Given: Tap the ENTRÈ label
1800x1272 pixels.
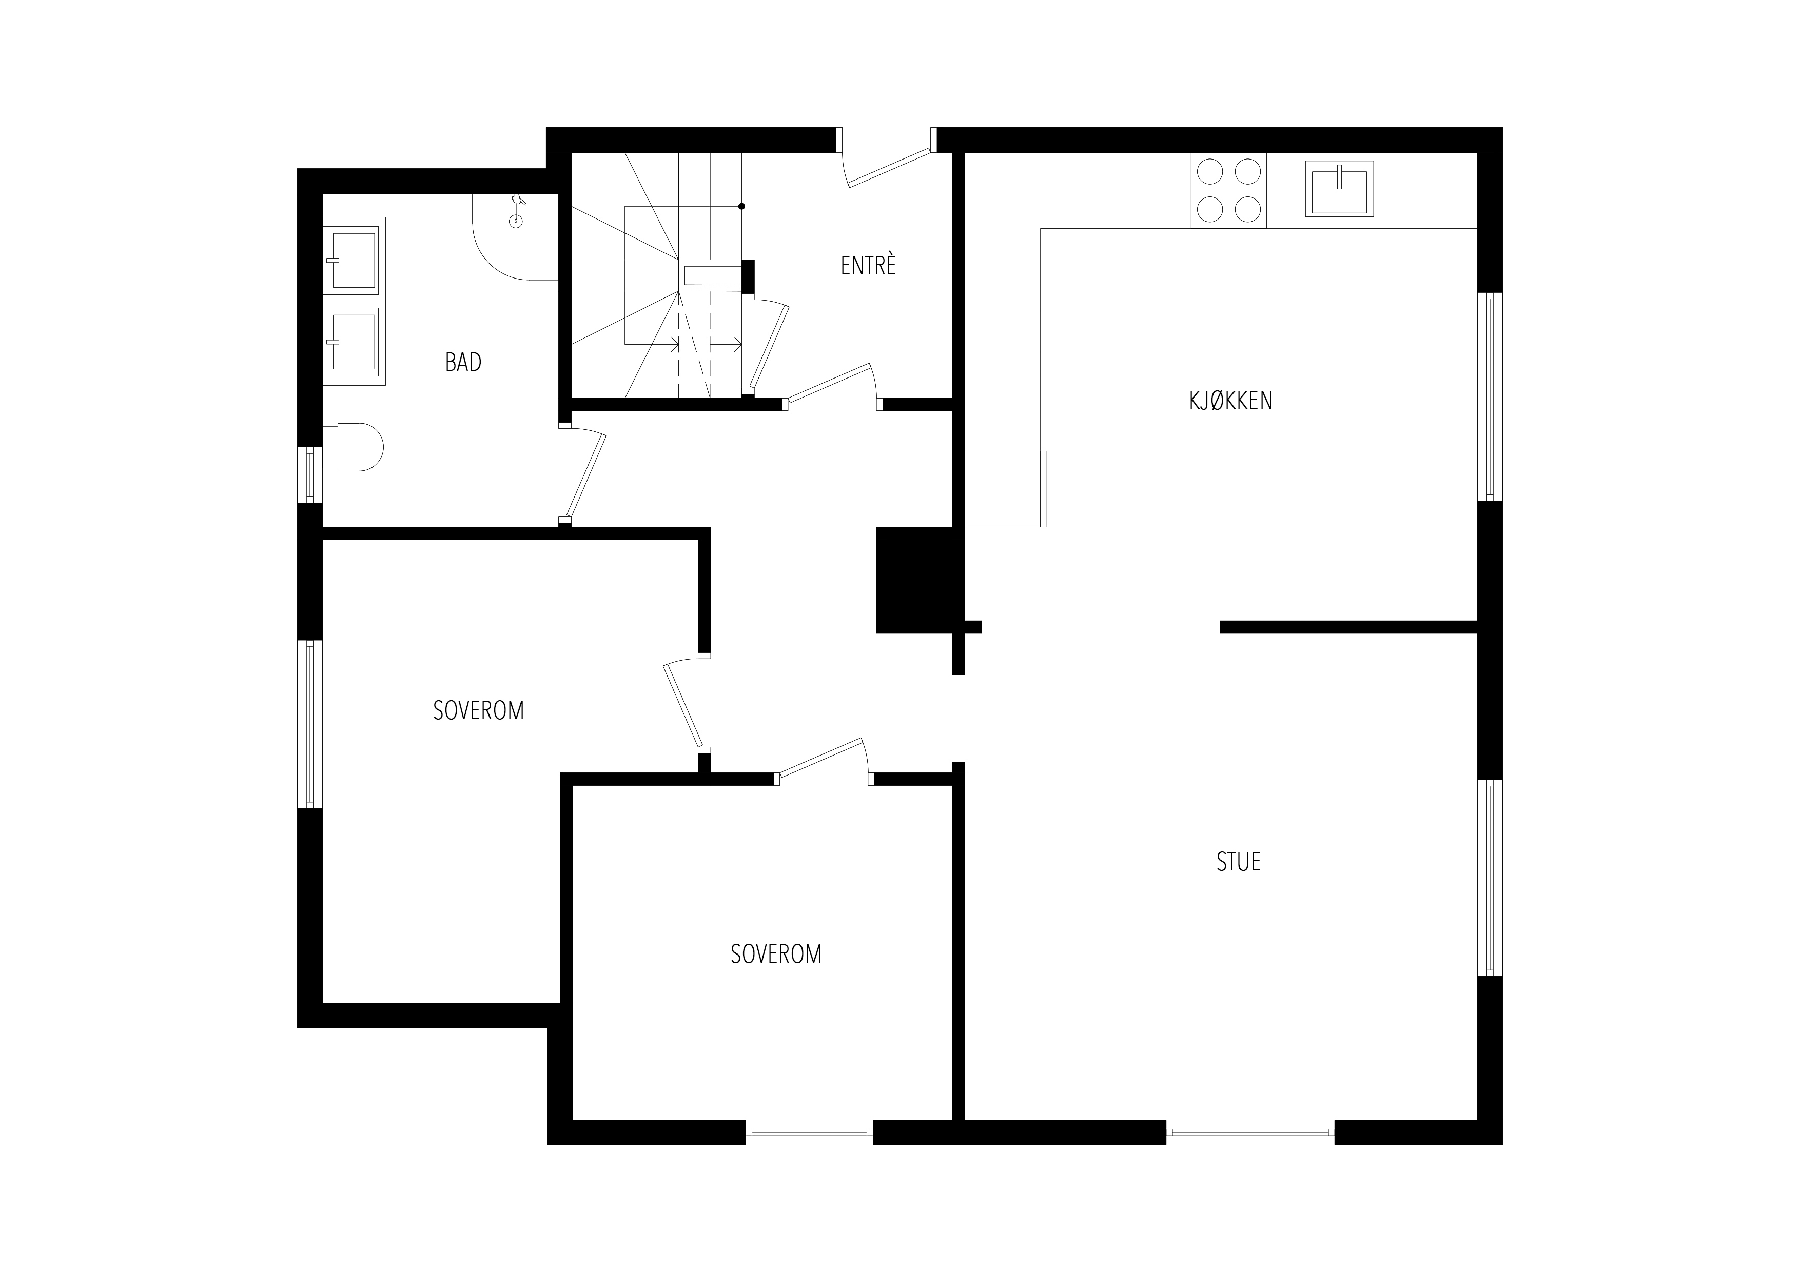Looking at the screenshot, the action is coord(868,266).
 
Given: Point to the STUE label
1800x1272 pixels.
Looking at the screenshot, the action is coord(1239,862).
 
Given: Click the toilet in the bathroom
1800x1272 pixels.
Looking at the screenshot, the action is coord(354,448).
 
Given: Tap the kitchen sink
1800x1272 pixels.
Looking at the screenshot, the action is coord(1340,189).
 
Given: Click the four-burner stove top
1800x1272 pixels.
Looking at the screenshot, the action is coord(1228,190).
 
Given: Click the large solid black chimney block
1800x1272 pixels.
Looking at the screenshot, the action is coord(914,580).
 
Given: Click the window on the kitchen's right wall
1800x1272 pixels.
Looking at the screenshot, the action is coord(1490,396).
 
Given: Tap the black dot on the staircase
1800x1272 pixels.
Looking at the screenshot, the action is coord(741,206).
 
